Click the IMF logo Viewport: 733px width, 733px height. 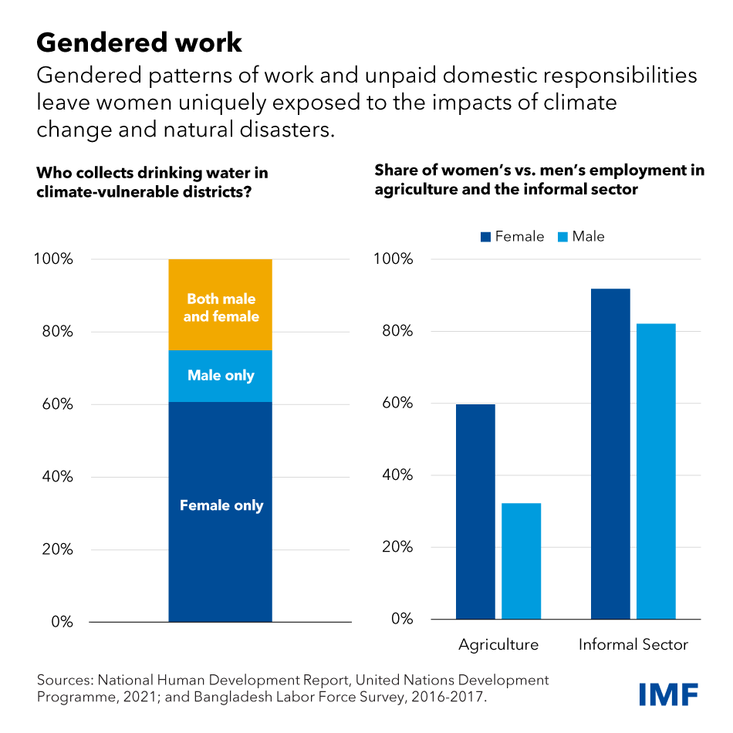(668, 694)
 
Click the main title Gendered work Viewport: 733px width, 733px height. (139, 42)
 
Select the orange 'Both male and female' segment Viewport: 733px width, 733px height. (221, 306)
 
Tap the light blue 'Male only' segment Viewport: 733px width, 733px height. (221, 376)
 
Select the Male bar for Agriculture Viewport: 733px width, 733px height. (521, 561)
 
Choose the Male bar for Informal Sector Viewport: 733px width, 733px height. (656, 471)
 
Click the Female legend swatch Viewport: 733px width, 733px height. (485, 237)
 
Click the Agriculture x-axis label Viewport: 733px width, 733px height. (498, 644)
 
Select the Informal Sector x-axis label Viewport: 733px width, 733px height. (633, 644)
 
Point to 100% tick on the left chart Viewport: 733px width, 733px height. (55, 259)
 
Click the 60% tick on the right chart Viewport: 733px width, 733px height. (396, 404)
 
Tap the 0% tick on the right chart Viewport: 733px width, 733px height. (400, 619)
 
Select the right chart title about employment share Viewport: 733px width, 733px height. (539, 180)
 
